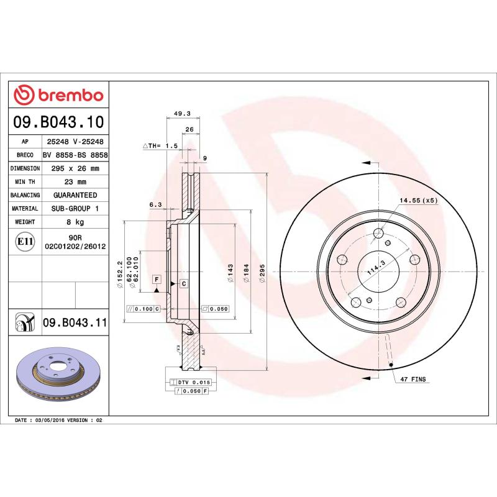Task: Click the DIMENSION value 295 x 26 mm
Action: click(x=75, y=168)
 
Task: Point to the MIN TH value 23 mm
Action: click(x=75, y=182)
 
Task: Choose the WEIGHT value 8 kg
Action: click(x=75, y=222)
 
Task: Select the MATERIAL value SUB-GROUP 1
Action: click(x=75, y=209)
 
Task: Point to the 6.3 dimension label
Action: click(x=155, y=204)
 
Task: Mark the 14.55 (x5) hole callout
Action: click(x=418, y=201)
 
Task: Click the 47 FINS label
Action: click(x=413, y=378)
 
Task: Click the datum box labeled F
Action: click(x=157, y=279)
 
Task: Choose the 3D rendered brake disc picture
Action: click(x=57, y=376)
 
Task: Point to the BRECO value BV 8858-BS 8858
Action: click(x=75, y=155)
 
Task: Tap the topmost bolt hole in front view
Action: click(x=379, y=234)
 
